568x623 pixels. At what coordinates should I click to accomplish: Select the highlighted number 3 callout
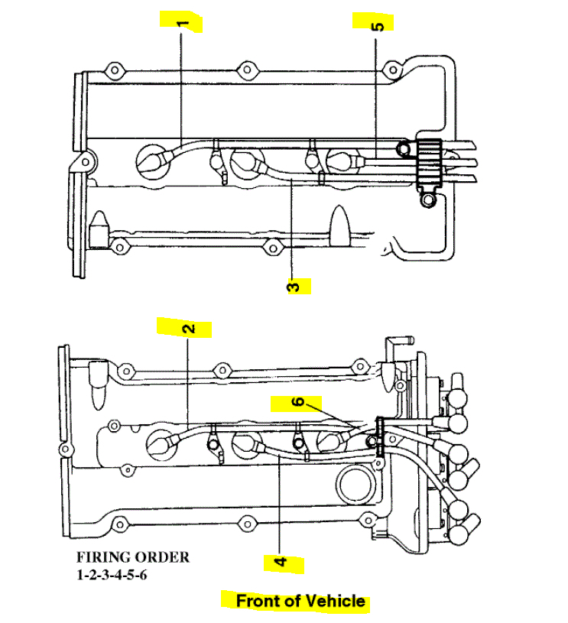click(x=294, y=287)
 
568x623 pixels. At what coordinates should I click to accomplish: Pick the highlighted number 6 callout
click(x=299, y=402)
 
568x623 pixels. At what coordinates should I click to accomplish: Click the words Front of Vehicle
click(x=300, y=601)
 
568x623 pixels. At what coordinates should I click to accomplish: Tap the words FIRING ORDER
click(x=132, y=557)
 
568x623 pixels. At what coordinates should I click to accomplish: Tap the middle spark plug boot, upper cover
click(x=247, y=161)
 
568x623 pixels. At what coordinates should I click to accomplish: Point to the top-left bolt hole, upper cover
click(x=114, y=71)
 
